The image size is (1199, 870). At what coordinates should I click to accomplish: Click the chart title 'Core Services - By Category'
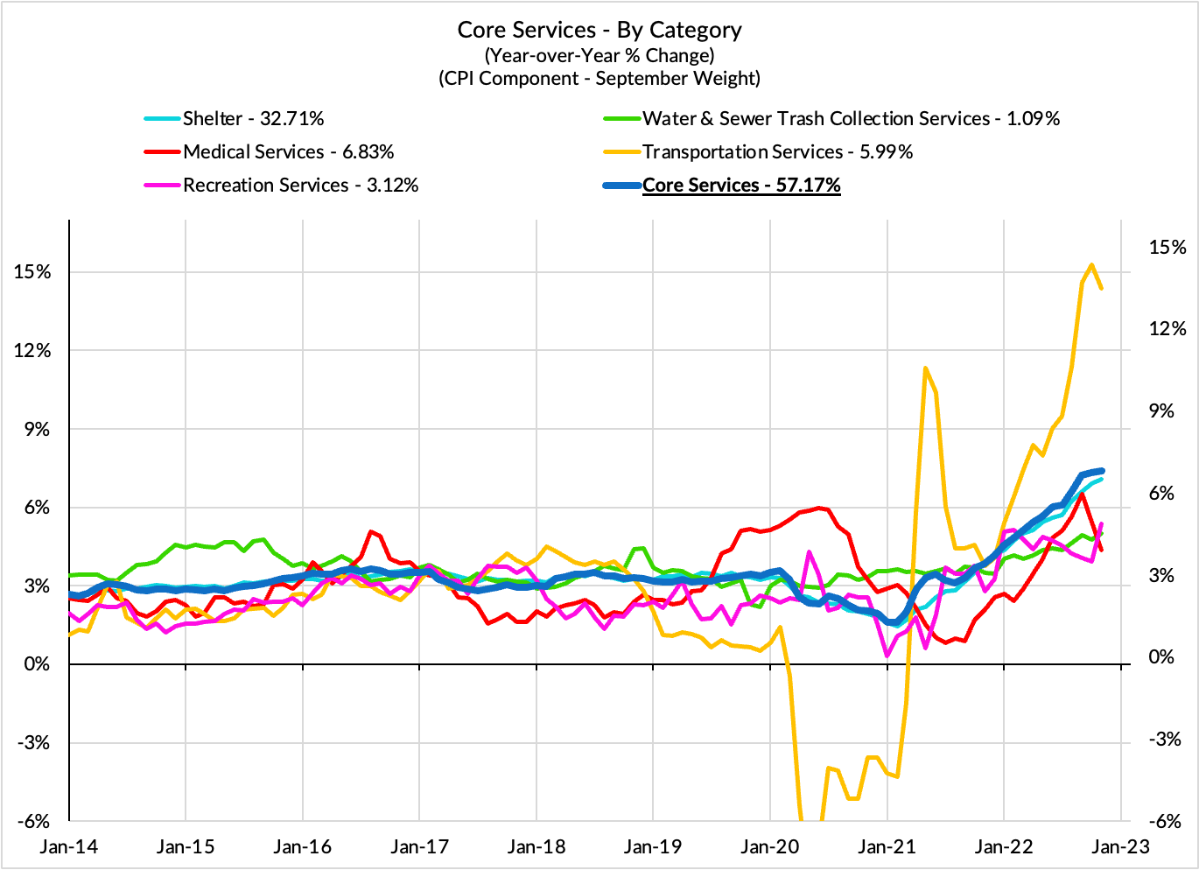599,30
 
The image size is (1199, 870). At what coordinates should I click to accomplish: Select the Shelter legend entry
253,119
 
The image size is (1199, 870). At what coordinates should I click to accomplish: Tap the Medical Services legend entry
288,152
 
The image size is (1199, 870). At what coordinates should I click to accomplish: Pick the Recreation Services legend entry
300,186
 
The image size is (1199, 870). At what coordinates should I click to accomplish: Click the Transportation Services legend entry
777,152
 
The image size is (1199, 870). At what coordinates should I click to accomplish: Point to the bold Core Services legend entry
741,186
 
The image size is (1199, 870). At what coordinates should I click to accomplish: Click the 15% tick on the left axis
32,272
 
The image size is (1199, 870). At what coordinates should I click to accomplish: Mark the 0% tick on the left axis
37,664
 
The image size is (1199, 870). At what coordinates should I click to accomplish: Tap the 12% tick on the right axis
1167,329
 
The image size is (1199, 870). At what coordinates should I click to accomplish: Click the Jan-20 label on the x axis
770,846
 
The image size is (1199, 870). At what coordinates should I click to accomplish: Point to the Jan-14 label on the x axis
68,846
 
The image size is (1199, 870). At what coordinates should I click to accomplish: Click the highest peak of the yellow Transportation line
1091,264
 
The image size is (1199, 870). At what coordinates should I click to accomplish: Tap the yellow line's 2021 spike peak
925,368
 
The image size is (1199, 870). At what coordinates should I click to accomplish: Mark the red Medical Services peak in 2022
1083,495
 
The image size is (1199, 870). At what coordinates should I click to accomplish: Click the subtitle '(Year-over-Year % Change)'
599,55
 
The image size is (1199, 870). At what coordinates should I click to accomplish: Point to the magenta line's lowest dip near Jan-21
887,655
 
